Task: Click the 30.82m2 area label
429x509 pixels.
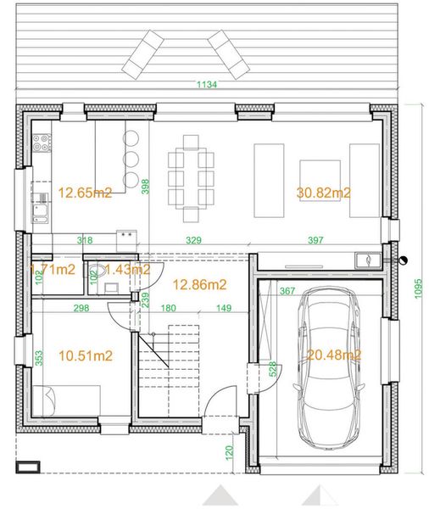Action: pyautogui.click(x=324, y=193)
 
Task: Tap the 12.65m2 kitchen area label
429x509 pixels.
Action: pyautogui.click(x=84, y=193)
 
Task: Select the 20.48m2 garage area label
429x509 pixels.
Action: pyautogui.click(x=334, y=355)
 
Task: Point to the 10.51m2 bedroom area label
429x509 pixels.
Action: pyautogui.click(x=85, y=356)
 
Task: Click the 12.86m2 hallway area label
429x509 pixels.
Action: pyautogui.click(x=198, y=284)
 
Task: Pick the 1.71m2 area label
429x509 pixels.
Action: pyautogui.click(x=52, y=270)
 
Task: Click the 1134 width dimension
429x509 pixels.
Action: pyautogui.click(x=207, y=85)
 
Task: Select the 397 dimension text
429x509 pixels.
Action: pyautogui.click(x=315, y=241)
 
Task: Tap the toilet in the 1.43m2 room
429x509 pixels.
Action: pyautogui.click(x=99, y=271)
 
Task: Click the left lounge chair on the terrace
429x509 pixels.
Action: pyautogui.click(x=144, y=52)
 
